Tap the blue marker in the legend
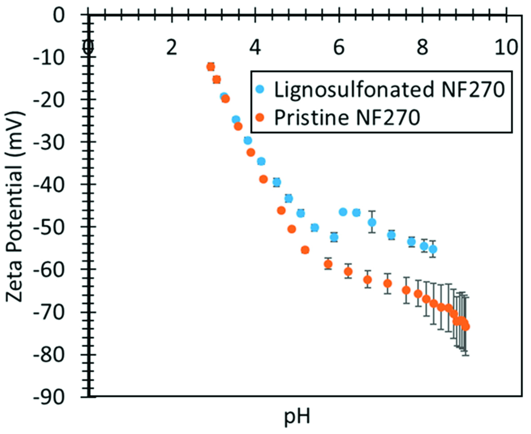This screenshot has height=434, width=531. (x=260, y=89)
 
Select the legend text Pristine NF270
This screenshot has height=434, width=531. (x=347, y=117)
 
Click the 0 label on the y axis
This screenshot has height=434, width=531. (x=60, y=16)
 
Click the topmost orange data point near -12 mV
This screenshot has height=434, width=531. (x=211, y=67)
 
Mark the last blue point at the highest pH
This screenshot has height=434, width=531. (x=433, y=249)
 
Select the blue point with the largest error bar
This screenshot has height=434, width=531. (x=372, y=222)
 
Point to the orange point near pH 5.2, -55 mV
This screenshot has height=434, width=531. (x=305, y=250)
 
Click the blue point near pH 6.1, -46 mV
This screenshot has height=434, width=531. (x=343, y=212)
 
